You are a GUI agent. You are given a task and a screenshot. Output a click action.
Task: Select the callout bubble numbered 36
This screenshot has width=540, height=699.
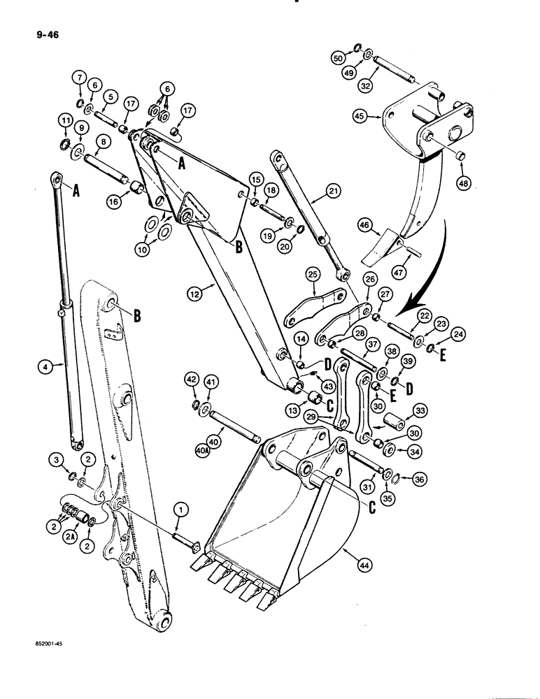(419, 479)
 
